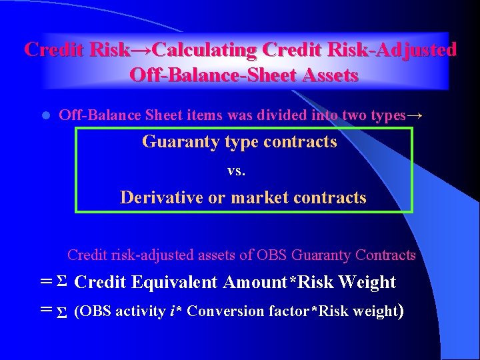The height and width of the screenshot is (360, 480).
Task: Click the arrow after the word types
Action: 415,115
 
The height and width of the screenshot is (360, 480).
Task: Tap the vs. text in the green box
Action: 237,171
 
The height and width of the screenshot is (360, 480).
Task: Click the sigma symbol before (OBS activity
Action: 61,312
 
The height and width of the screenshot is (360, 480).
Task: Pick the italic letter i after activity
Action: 173,311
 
